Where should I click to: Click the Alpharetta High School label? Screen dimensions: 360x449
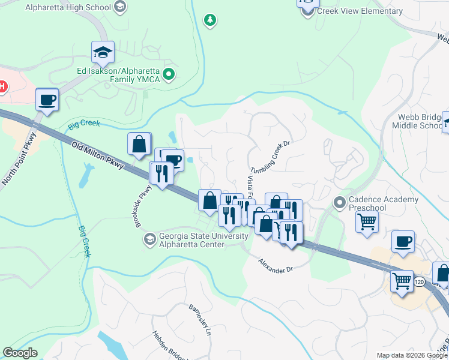click(x=68, y=7)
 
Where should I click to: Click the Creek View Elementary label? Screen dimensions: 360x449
click(x=360, y=11)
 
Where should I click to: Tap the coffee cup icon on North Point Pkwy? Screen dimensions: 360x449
click(x=47, y=100)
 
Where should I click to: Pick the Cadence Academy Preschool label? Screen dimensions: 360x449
click(x=384, y=203)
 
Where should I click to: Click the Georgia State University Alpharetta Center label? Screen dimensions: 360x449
click(x=203, y=240)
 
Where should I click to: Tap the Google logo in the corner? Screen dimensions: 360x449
click(x=20, y=353)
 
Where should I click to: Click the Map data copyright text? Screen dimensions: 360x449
click(x=412, y=355)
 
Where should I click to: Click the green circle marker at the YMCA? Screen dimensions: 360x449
click(x=169, y=75)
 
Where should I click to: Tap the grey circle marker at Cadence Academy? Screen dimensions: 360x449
click(x=340, y=202)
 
